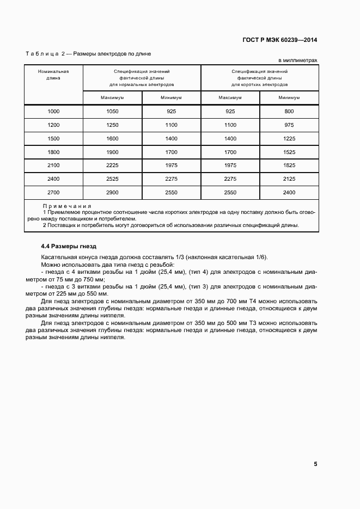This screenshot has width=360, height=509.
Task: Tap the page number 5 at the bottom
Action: pos(315,464)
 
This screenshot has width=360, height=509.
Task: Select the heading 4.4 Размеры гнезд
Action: pos(69,247)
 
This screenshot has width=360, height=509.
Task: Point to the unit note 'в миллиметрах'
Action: pos(298,60)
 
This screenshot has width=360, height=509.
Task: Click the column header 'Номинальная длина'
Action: pos(53,75)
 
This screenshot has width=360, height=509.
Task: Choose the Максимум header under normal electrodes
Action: pos(112,98)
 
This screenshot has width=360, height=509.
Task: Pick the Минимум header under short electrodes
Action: pos(289,98)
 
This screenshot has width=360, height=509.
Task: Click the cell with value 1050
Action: pos(112,112)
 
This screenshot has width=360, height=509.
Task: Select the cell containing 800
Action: pos(289,112)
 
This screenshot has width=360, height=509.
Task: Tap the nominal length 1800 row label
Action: pos(53,152)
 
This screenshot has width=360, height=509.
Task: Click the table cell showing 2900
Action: pos(112,193)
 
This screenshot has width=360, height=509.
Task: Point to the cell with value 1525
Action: pos(289,152)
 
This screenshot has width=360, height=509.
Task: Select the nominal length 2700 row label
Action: pos(53,193)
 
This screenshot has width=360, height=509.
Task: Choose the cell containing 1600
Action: pos(112,139)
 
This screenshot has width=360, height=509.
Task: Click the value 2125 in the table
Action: pos(289,179)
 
